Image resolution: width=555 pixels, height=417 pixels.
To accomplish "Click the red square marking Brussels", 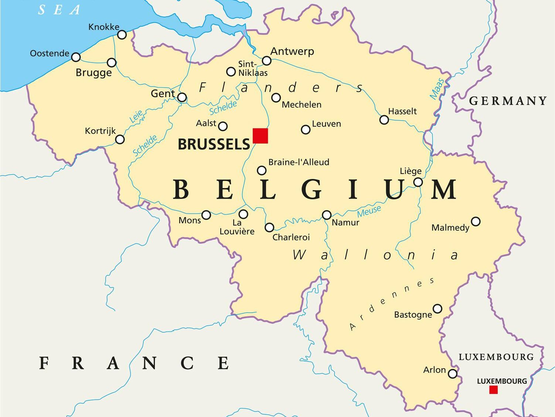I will pyautogui.click(x=260, y=136).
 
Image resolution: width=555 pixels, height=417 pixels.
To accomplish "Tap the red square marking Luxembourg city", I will pyautogui.click(x=493, y=390).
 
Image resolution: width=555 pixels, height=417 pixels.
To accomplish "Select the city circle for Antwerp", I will pyautogui.click(x=266, y=61).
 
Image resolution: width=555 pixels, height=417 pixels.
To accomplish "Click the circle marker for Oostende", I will pyautogui.click(x=76, y=57).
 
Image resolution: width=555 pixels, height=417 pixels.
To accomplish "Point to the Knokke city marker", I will pyautogui.click(x=122, y=35).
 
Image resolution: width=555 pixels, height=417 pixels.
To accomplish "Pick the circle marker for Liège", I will pyautogui.click(x=418, y=182).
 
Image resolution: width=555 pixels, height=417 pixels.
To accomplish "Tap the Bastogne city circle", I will pyautogui.click(x=437, y=309).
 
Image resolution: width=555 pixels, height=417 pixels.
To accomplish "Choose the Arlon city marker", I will pyautogui.click(x=453, y=374).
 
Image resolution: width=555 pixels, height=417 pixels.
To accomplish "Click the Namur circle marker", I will pyautogui.click(x=327, y=215).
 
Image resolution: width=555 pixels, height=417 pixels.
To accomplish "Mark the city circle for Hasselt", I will pyautogui.click(x=384, y=120).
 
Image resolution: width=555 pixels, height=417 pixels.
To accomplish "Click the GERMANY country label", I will pyautogui.click(x=508, y=101).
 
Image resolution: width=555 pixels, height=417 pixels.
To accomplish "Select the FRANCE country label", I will pyautogui.click(x=134, y=363).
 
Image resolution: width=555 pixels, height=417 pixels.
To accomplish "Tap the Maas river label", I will pyautogui.click(x=437, y=89).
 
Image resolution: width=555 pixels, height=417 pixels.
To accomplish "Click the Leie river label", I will pyautogui.click(x=136, y=117).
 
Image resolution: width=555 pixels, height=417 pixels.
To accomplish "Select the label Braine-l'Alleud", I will pyautogui.click(x=299, y=162).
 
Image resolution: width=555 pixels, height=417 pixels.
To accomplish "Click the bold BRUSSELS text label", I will pyautogui.click(x=214, y=144).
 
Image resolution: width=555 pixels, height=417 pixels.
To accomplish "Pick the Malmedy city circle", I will pyautogui.click(x=476, y=222).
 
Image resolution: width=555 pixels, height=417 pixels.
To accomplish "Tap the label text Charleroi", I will pyautogui.click(x=291, y=237).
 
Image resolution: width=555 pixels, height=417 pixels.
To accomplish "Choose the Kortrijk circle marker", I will pyautogui.click(x=120, y=139).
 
